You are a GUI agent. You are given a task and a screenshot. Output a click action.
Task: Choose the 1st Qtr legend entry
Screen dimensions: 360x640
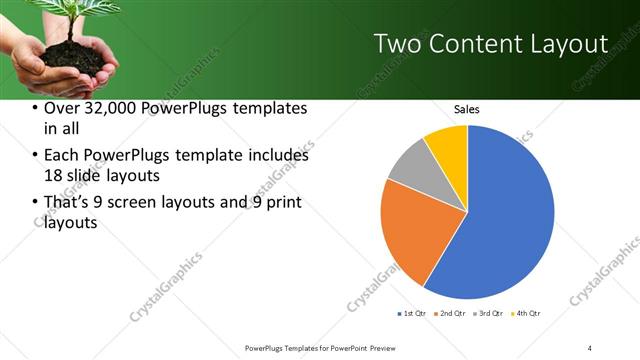click(412, 315)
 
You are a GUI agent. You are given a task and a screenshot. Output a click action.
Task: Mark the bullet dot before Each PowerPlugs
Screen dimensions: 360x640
click(36, 156)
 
